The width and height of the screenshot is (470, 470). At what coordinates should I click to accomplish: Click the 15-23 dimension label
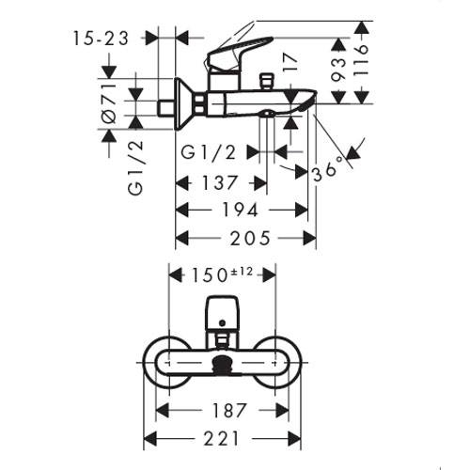click(x=101, y=39)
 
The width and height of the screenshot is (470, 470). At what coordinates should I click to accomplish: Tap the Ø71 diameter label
click(x=109, y=103)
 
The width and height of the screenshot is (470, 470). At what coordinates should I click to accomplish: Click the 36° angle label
click(x=328, y=169)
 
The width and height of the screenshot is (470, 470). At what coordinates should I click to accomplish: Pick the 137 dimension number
click(x=219, y=183)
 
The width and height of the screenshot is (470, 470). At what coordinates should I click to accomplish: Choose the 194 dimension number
click(x=240, y=211)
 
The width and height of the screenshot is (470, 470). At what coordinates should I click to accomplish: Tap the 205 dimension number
click(x=250, y=238)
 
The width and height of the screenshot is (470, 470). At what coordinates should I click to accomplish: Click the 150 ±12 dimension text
click(x=222, y=274)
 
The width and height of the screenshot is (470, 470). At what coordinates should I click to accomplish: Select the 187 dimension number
click(x=229, y=410)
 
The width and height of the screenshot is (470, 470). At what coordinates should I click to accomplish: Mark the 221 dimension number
click(x=222, y=438)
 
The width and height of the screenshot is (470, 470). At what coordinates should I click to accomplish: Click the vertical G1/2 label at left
click(x=136, y=168)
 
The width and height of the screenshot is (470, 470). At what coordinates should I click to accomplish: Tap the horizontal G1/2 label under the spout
click(x=209, y=153)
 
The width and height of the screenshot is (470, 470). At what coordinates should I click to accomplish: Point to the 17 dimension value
click(x=289, y=62)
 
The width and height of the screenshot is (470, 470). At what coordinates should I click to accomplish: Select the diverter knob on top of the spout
click(x=266, y=81)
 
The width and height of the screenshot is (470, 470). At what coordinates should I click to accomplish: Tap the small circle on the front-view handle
click(x=223, y=322)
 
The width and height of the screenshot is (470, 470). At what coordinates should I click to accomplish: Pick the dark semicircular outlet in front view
click(x=223, y=364)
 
